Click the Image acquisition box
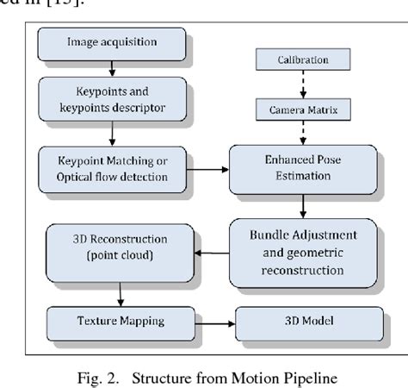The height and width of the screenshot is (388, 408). coord(111,43)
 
